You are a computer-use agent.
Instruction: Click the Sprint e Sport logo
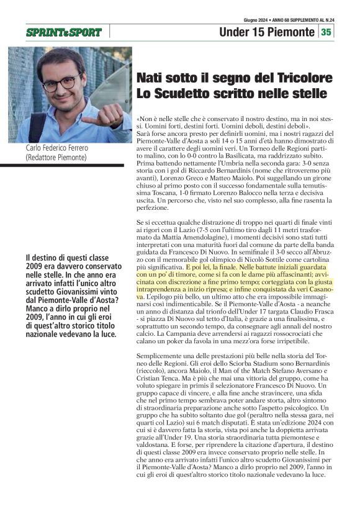pos(64,32)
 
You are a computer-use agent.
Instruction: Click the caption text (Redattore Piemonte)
pos(56,158)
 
